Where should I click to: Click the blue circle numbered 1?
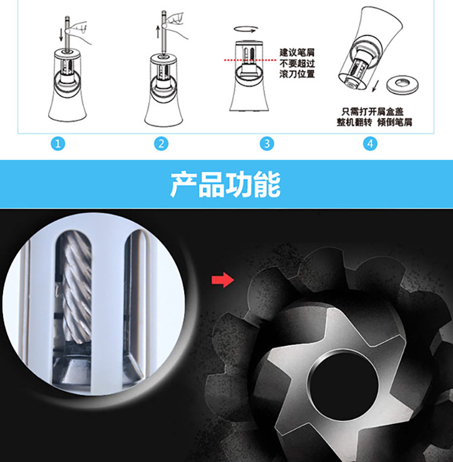click(x=58, y=144)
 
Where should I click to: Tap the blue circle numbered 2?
click(x=161, y=144)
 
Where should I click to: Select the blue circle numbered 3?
click(x=267, y=144)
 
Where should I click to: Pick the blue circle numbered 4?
click(x=370, y=144)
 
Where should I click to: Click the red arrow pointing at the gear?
click(x=223, y=280)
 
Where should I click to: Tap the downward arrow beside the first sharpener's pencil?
click(x=61, y=35)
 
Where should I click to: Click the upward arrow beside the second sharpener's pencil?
click(x=158, y=32)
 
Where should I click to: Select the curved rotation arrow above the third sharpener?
click(x=246, y=29)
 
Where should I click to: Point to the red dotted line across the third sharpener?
click(x=250, y=60)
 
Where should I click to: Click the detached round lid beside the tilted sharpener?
click(x=403, y=85)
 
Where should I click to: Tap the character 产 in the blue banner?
click(x=184, y=184)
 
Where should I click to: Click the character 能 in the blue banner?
click(x=267, y=184)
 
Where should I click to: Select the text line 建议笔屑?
click(x=297, y=53)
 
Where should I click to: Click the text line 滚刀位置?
click(x=297, y=74)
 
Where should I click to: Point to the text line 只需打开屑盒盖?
click(x=373, y=112)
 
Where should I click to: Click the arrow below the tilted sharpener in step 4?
click(x=375, y=86)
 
